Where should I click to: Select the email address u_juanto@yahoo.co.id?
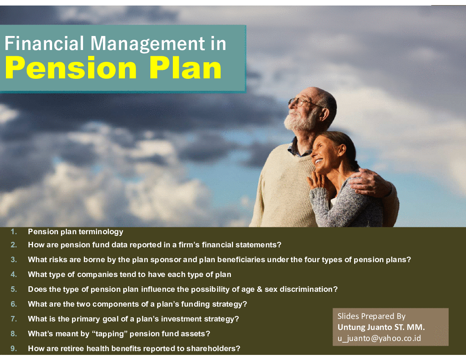[379, 338]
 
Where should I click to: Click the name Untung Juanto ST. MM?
[381, 327]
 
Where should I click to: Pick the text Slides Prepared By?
[372, 316]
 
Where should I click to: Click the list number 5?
[14, 289]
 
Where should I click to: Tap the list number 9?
[14, 349]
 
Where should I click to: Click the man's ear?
[325, 114]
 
